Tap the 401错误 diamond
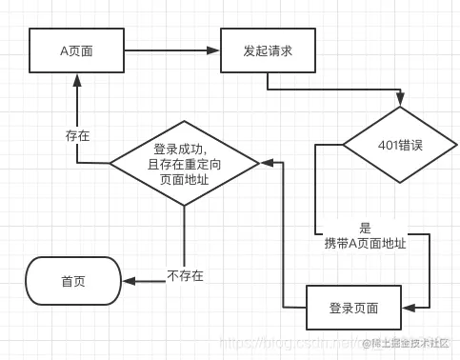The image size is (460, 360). [x=400, y=146]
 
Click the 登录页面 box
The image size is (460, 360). [x=352, y=308]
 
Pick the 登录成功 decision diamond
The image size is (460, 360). [x=185, y=163]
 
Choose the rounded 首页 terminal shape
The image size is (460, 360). [x=73, y=281]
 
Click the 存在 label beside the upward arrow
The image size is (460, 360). [x=78, y=136]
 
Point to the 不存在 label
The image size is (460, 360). [x=185, y=276]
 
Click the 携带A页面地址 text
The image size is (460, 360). [x=366, y=243]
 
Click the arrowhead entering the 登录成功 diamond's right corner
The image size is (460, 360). [x=266, y=163]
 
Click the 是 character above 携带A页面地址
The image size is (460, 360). [x=365, y=229]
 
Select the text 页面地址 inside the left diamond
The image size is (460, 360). [x=185, y=179]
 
